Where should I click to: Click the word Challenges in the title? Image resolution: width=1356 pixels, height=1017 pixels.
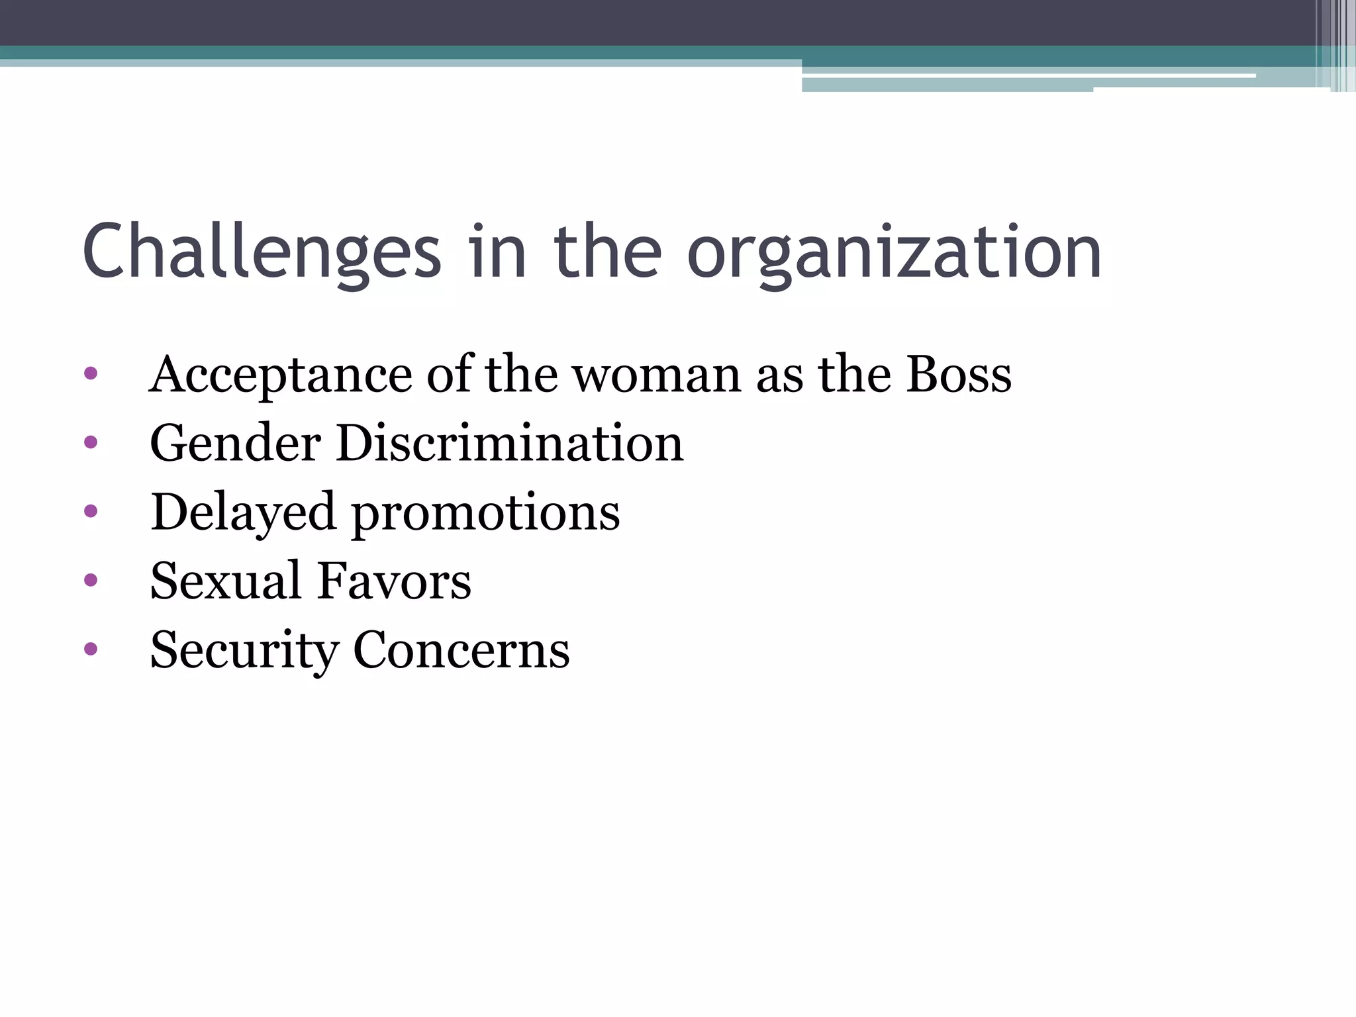point(262,252)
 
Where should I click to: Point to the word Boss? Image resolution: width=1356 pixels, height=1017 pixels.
point(959,374)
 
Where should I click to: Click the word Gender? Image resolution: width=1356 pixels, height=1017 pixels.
point(235,443)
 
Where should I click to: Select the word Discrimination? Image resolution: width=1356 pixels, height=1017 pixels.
point(509,443)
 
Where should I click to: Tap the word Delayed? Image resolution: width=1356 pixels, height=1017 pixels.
point(242,513)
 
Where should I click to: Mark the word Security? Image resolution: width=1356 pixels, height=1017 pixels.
point(243,651)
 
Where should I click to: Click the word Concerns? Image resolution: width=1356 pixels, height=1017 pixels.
point(461,650)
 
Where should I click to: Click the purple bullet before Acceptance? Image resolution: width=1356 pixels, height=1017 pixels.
point(91,373)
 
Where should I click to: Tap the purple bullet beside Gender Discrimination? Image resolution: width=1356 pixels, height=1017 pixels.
point(91,442)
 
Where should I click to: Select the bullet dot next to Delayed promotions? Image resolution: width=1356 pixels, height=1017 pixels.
point(91,511)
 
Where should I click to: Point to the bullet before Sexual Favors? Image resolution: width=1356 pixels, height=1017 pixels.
point(91,580)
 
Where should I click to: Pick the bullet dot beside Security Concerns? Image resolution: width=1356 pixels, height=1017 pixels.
point(91,649)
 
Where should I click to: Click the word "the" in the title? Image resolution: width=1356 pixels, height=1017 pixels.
point(607,252)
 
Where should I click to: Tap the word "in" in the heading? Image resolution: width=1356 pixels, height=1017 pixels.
point(497,252)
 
